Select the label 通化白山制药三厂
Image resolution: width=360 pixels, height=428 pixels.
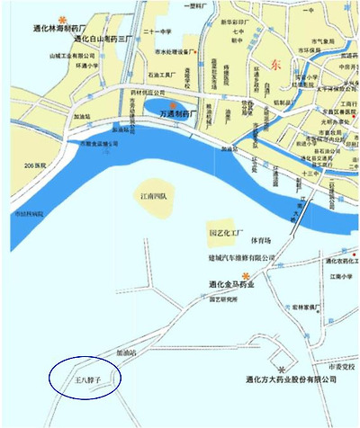103,40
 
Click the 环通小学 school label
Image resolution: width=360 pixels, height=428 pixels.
87,66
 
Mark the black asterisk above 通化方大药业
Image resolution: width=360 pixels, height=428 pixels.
283,370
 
